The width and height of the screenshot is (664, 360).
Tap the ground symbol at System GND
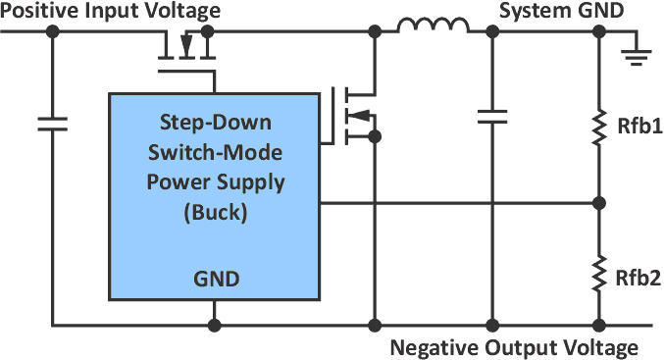click(x=637, y=53)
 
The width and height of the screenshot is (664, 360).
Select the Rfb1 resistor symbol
click(x=598, y=129)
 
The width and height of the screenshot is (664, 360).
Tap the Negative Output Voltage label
click(x=514, y=347)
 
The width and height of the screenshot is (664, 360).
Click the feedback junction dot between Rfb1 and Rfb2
click(x=598, y=204)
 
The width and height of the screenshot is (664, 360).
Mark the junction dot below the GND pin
click(x=214, y=325)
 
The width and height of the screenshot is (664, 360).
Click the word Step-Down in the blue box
click(x=214, y=125)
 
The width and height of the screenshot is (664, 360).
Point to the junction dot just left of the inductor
click(x=374, y=32)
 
